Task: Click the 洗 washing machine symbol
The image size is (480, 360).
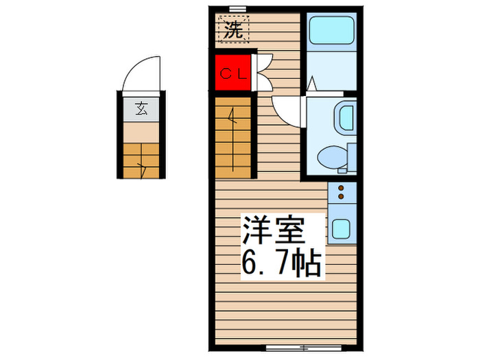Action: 234,31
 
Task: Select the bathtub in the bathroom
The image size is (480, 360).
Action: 329,32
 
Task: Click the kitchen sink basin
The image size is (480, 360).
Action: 341,227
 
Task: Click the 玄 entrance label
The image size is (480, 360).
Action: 141,108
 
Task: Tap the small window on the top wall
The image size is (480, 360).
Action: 238,9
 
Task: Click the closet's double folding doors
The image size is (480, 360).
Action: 262,72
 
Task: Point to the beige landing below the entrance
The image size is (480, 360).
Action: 141,132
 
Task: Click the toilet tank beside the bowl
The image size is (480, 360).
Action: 351,157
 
